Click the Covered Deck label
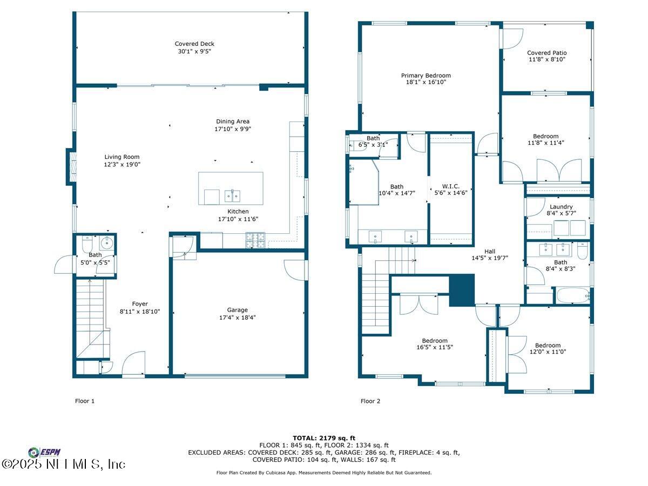click(194, 44)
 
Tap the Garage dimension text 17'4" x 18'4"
click(238, 318)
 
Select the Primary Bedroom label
click(426, 76)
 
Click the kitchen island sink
click(232, 196)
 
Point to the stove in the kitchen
click(255, 240)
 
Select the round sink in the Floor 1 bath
click(106, 243)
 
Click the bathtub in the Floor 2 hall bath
click(573, 295)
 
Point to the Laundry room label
click(561, 207)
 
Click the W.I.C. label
click(450, 186)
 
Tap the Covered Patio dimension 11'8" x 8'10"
click(546, 59)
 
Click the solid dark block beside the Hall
click(462, 290)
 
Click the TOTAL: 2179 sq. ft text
click(324, 438)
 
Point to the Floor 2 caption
click(370, 401)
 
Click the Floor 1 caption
click(85, 401)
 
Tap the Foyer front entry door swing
click(133, 363)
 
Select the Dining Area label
click(233, 122)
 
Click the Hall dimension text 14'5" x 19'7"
click(490, 258)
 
